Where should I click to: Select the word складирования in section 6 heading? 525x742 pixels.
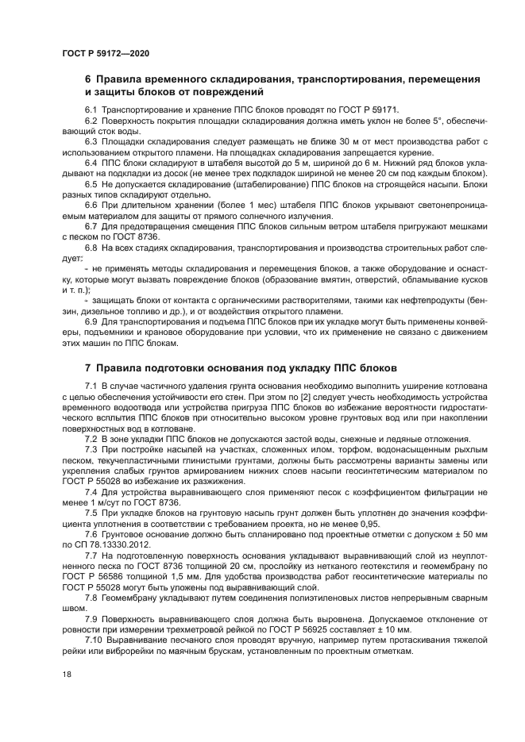tap(245, 80)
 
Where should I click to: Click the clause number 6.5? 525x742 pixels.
tap(91, 184)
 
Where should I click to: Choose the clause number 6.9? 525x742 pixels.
tap(91, 322)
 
